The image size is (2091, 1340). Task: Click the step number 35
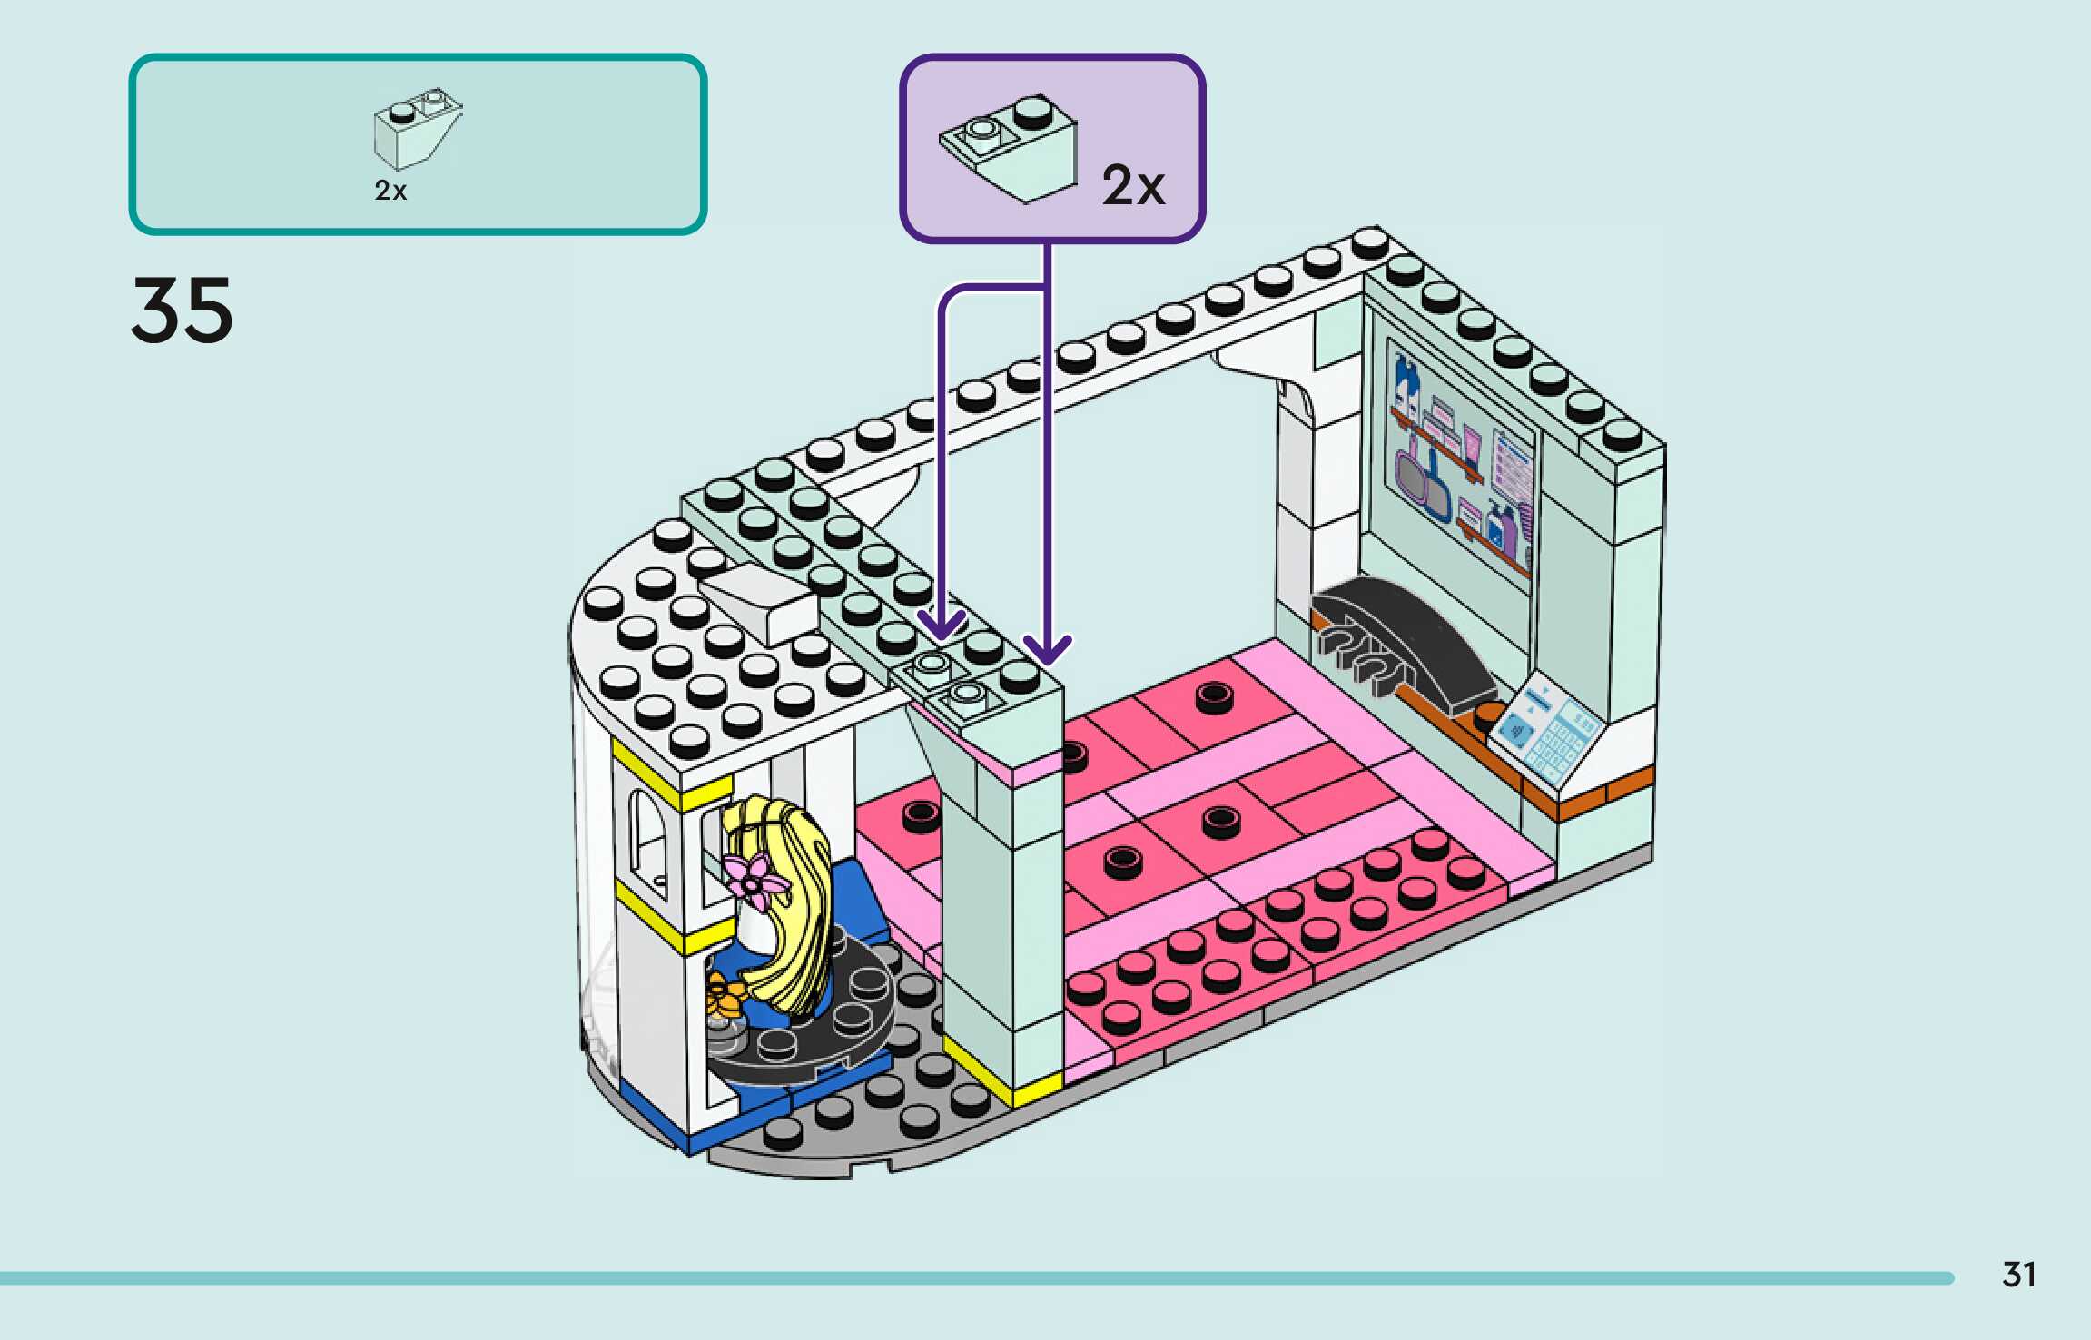tap(182, 310)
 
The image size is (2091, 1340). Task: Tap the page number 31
tap(2018, 1275)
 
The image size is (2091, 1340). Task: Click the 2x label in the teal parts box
tap(390, 191)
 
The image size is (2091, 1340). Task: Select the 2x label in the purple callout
tap(1133, 186)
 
